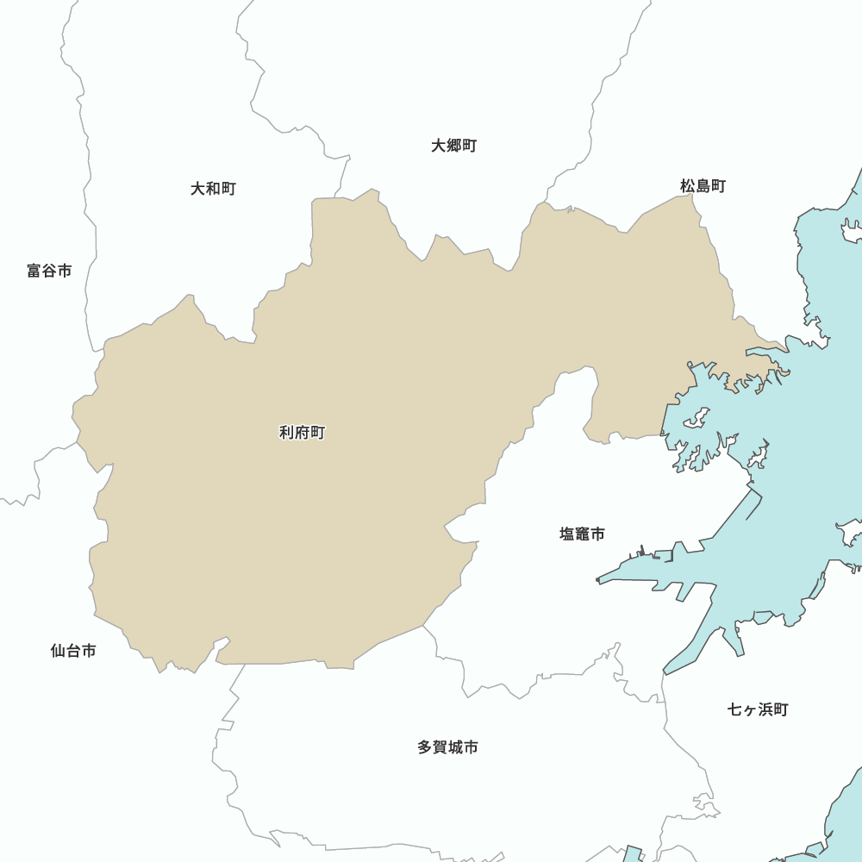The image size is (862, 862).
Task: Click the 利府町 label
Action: (x=302, y=433)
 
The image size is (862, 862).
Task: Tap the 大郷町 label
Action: (x=454, y=146)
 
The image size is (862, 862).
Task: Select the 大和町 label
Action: (x=213, y=188)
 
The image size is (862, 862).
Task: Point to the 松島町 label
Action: (x=703, y=185)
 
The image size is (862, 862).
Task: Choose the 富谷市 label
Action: (x=49, y=271)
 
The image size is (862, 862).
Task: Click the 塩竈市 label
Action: (x=582, y=534)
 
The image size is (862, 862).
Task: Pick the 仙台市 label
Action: (x=73, y=651)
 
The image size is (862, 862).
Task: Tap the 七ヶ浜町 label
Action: (x=758, y=709)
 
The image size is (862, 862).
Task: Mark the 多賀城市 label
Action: (x=447, y=747)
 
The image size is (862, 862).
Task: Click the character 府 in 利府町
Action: (x=302, y=433)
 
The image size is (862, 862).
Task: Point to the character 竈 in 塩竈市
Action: (x=582, y=534)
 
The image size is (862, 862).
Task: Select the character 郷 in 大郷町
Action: (x=454, y=146)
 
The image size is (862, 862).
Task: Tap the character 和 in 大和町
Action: (x=213, y=188)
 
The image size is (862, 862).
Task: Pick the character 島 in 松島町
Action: (x=703, y=185)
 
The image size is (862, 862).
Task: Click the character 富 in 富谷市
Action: (x=34, y=271)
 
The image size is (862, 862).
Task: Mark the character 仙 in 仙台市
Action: (x=59, y=651)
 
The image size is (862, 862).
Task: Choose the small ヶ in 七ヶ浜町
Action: (x=750, y=710)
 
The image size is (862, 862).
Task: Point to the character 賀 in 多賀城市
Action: (x=440, y=747)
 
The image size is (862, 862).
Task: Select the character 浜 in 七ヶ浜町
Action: (x=765, y=709)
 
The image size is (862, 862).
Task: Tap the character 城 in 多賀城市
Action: (x=455, y=747)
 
